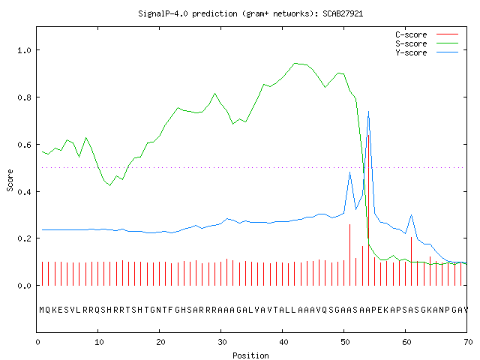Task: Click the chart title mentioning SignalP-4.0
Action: [250, 13]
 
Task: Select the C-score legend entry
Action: [427, 34]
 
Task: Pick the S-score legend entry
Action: [427, 43]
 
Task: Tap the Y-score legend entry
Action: [427, 52]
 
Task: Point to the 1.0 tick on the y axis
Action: [24, 50]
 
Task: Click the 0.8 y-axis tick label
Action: [24, 97]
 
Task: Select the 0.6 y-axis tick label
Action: [24, 145]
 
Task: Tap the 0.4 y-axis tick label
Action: [24, 192]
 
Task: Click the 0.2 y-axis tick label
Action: [24, 238]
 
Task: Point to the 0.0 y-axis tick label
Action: [24, 286]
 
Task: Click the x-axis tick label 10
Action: [99, 342]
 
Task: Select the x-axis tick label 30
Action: [222, 342]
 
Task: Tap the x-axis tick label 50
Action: [345, 342]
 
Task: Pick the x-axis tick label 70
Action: [468, 342]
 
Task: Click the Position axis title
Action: [250, 355]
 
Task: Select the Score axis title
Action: [10, 180]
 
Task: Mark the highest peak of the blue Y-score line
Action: [368, 112]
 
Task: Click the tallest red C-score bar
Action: [368, 210]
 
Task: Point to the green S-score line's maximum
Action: [295, 63]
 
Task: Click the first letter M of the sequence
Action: [42, 310]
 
